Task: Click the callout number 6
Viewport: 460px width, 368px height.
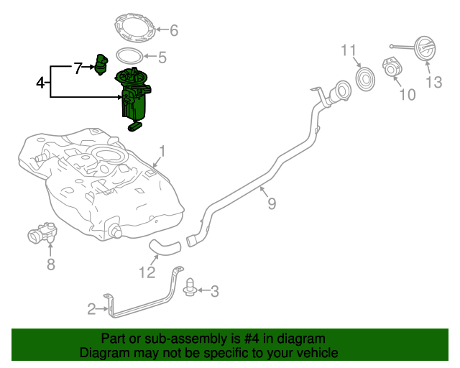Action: point(173,30)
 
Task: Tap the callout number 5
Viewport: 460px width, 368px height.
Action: point(162,57)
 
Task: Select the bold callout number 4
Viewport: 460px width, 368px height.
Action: point(41,83)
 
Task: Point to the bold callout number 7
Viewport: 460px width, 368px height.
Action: point(78,68)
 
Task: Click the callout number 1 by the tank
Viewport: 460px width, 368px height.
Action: point(162,152)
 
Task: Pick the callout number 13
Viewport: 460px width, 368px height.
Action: point(434,83)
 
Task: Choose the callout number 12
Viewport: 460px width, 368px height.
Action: point(147,272)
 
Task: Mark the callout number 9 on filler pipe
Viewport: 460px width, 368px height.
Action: point(271,204)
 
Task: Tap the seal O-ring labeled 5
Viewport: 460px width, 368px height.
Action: point(129,55)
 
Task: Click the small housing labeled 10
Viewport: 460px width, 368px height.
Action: point(393,70)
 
